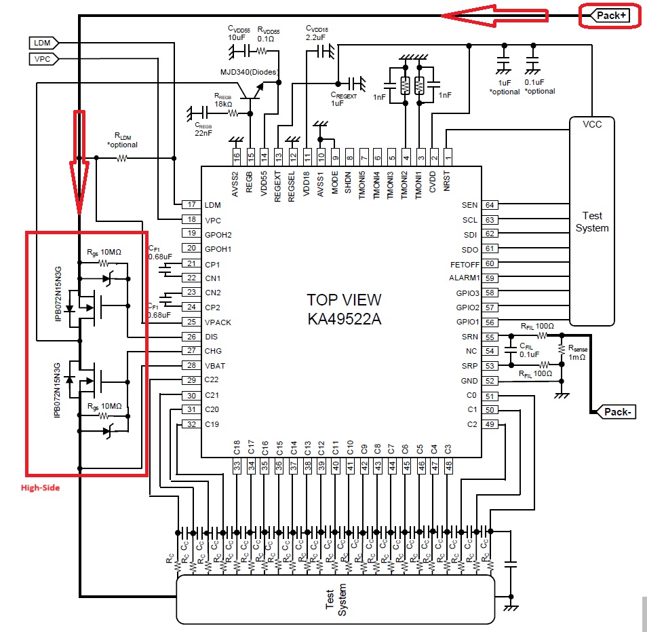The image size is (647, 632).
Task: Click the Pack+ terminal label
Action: tap(610, 15)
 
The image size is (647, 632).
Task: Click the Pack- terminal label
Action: tap(614, 411)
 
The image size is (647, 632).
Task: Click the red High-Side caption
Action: tap(40, 487)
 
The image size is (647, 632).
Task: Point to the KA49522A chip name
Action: tap(344, 319)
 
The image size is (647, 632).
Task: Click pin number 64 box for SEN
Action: tap(490, 205)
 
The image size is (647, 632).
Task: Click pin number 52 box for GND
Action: tap(490, 381)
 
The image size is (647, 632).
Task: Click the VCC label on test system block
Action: tap(592, 124)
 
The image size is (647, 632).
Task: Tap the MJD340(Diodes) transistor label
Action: tap(250, 71)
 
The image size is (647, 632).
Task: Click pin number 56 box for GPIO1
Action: tap(490, 322)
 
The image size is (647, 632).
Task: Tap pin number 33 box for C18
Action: tap(237, 466)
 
